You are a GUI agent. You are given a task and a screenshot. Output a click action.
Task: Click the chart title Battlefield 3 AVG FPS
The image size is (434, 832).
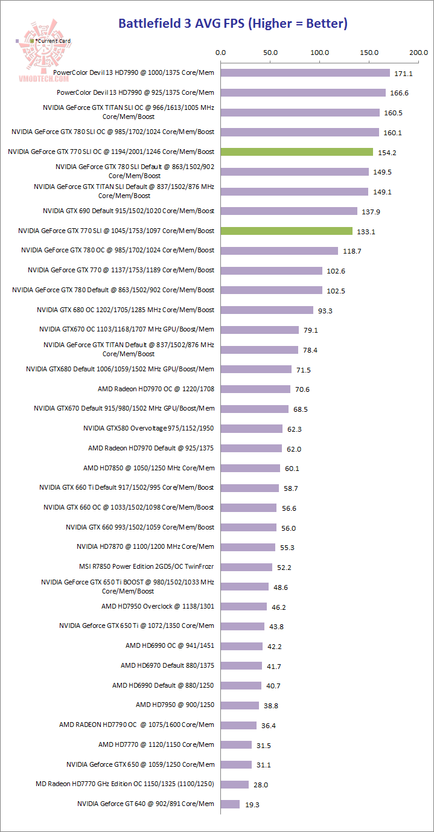click(x=232, y=24)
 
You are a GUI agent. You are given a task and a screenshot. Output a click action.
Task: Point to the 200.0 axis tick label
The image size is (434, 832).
click(x=418, y=53)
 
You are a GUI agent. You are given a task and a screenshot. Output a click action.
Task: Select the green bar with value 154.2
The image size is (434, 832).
click(x=297, y=152)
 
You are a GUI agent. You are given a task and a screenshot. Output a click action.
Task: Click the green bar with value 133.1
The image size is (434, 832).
click(x=287, y=231)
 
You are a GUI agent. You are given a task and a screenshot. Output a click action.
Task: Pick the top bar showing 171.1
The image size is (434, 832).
click(x=305, y=73)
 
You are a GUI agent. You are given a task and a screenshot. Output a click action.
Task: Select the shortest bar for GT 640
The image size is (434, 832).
click(x=231, y=804)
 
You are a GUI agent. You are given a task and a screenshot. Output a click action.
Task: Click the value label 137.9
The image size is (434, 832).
click(x=371, y=211)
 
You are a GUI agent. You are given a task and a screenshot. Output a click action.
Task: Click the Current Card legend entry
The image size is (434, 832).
click(x=52, y=40)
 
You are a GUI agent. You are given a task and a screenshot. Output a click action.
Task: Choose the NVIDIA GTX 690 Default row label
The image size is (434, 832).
click(x=129, y=211)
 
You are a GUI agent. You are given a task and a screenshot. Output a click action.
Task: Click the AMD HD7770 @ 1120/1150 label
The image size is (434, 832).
click(x=156, y=744)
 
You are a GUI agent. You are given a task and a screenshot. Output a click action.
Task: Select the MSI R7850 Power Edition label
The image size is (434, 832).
click(x=147, y=566)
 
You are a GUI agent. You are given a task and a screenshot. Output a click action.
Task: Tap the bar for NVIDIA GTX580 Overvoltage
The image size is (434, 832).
click(x=252, y=429)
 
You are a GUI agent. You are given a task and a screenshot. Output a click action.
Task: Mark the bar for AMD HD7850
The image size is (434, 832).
click(x=251, y=468)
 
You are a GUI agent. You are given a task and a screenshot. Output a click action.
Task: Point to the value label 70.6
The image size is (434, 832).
click(x=301, y=389)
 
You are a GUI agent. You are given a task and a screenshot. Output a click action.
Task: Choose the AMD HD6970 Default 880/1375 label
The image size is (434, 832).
click(x=167, y=665)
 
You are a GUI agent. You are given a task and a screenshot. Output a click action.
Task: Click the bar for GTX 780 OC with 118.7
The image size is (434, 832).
click(x=279, y=251)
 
